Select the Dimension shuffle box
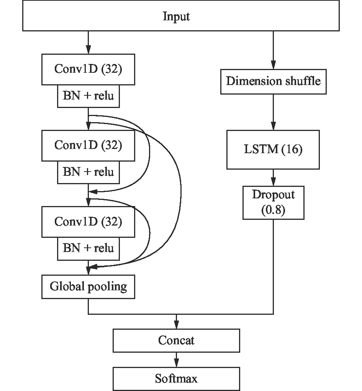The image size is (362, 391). click(x=273, y=82)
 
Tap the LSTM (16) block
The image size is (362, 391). click(x=273, y=149)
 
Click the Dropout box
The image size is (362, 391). click(x=273, y=202)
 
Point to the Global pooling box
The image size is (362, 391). click(x=88, y=286)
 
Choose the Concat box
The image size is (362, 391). click(x=176, y=340)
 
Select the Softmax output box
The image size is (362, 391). click(x=176, y=379)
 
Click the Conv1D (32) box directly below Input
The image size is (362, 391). click(x=88, y=69)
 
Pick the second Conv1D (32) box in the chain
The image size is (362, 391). click(x=88, y=145)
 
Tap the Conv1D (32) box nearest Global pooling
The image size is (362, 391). click(x=88, y=222)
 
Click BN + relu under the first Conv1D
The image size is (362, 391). click(x=88, y=96)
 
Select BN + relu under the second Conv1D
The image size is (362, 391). click(x=88, y=172)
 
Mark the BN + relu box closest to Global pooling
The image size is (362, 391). click(x=88, y=248)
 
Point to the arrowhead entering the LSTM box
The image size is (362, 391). click(x=273, y=126)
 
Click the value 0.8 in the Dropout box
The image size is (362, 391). click(x=273, y=210)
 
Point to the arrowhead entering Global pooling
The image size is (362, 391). click(x=88, y=271)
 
